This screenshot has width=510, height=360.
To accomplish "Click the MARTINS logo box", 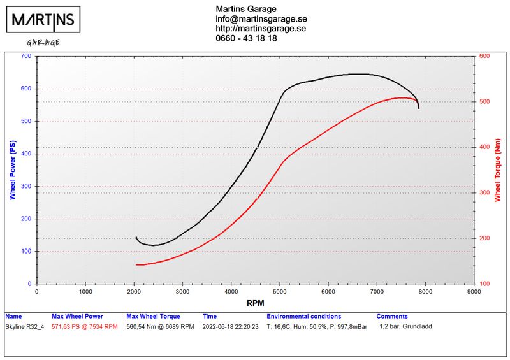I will [45, 21].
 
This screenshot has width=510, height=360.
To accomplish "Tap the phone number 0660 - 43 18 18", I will [246, 38].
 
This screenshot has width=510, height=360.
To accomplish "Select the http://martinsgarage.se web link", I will [261, 29].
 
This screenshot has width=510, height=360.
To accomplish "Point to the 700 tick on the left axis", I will [25, 56].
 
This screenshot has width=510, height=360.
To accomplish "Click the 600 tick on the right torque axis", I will [484, 56].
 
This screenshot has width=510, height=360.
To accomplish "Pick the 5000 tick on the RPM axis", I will [280, 291].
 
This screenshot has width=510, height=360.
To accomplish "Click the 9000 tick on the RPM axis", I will [474, 291].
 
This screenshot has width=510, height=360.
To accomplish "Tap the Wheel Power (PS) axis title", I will [11, 169].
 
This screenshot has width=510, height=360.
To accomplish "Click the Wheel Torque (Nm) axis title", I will [497, 169].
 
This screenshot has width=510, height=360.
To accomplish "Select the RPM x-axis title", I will [255, 303].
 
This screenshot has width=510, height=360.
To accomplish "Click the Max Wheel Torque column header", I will [153, 317].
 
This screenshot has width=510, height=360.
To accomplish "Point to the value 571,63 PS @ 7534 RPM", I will [84, 326].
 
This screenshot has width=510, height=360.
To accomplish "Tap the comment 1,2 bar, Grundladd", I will [405, 326].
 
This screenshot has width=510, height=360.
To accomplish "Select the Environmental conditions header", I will [303, 317].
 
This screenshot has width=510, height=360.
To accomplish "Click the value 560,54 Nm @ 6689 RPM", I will [161, 326].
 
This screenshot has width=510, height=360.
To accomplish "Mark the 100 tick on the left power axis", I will [25, 251].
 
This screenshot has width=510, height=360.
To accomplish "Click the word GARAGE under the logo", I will [43, 43].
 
